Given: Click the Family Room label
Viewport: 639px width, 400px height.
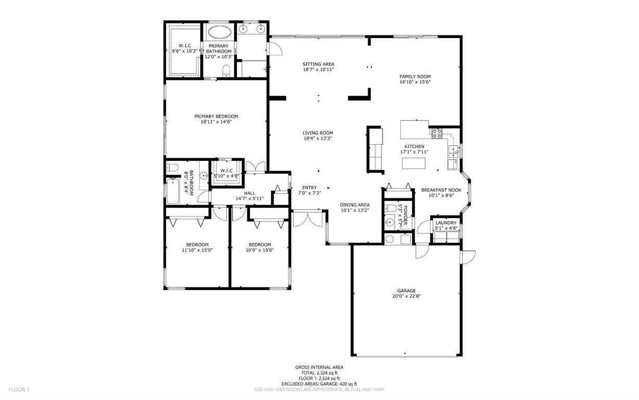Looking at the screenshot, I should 415,77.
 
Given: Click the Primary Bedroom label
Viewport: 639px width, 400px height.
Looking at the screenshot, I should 216,116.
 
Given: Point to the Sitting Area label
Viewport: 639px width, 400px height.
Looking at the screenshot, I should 318,64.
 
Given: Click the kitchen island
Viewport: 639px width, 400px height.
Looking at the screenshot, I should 414,164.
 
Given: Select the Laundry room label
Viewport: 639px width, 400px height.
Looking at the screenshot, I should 446,223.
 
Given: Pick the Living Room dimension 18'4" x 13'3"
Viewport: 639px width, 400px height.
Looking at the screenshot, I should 318,139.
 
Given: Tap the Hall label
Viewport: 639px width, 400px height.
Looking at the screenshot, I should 249,193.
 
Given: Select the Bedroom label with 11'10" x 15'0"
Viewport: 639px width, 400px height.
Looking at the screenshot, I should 197,245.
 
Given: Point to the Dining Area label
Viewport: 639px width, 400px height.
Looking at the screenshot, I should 355,205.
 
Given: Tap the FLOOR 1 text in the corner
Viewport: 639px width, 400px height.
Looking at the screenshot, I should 19,389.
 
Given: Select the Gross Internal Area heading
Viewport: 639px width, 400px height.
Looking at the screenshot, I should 319,367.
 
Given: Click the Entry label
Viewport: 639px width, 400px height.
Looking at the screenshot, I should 309,187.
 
